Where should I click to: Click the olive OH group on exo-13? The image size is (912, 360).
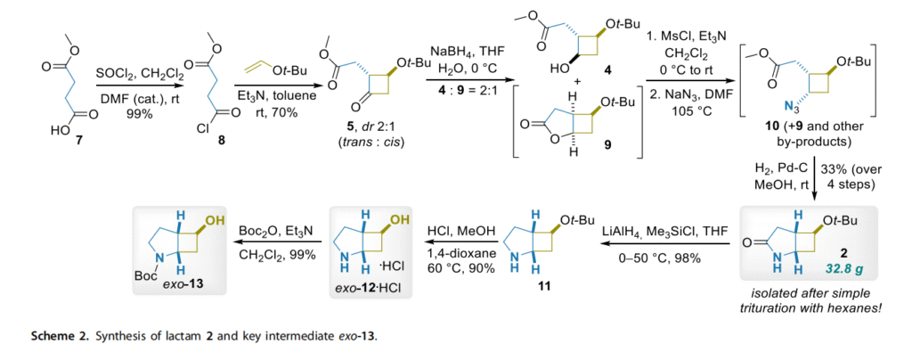click(216, 218)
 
